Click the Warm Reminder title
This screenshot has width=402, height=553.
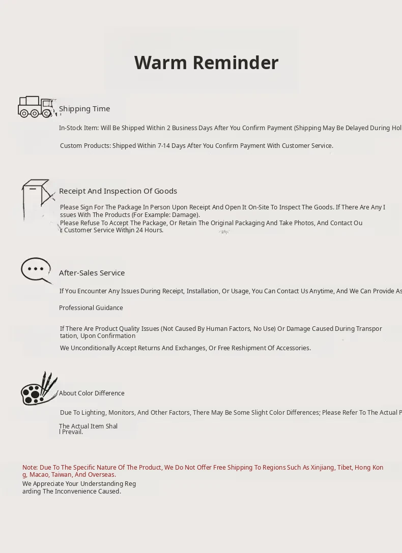click(206, 63)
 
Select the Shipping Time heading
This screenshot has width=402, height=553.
click(84, 109)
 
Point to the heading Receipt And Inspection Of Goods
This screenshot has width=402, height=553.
click(118, 191)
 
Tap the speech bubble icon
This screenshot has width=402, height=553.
click(37, 270)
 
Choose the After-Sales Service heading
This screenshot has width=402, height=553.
click(92, 273)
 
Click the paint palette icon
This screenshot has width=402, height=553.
click(39, 389)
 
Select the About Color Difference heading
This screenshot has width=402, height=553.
click(92, 393)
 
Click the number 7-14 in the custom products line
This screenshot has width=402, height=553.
click(164, 146)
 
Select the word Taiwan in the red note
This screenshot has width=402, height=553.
click(62, 475)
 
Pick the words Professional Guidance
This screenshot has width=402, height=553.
click(91, 308)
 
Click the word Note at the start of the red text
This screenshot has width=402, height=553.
click(30, 468)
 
